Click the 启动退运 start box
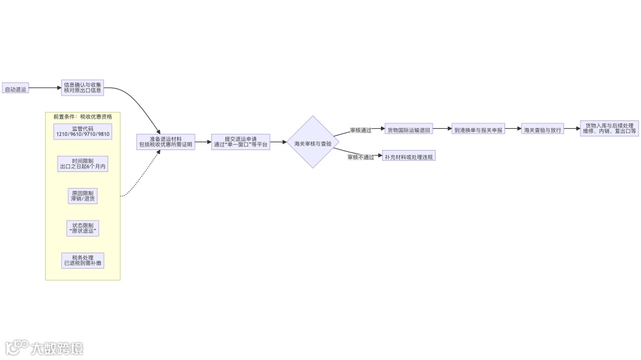(x=15, y=89)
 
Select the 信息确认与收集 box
(x=82, y=88)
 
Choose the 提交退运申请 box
(x=240, y=142)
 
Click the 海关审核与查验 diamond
(x=313, y=142)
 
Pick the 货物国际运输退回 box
(x=410, y=129)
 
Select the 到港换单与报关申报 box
(x=478, y=129)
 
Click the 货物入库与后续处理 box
(x=609, y=129)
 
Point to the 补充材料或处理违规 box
(x=409, y=157)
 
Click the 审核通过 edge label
(x=360, y=130)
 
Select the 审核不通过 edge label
(x=361, y=157)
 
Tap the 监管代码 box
(x=82, y=131)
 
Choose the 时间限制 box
(x=82, y=164)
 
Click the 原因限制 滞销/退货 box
(x=82, y=196)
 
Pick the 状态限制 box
(x=82, y=228)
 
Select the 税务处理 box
(x=82, y=260)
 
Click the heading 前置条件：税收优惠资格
(x=82, y=117)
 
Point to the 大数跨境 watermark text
(x=57, y=348)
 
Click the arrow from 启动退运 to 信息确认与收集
(x=45, y=88)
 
